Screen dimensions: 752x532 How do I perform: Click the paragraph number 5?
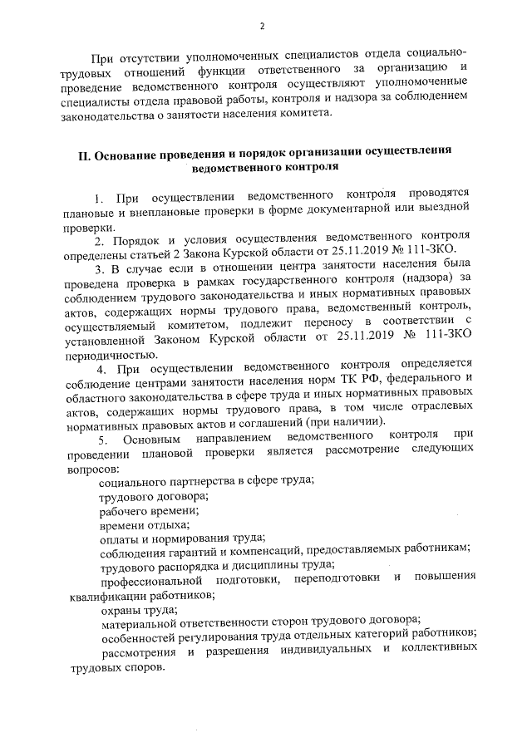pos(103,437)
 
